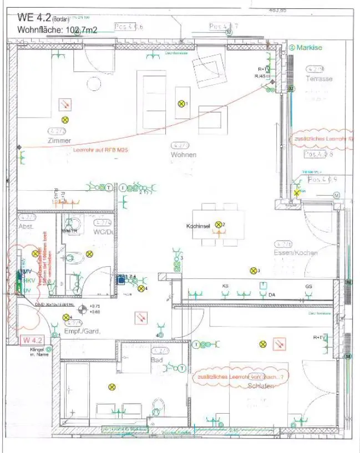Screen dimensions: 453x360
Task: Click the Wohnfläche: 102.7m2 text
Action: click(57, 30)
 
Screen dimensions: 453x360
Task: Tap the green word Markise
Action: click(309, 48)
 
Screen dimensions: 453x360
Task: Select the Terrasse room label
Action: click(319, 79)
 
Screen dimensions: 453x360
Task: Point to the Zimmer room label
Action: click(59, 141)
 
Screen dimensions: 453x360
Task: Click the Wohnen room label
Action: click(184, 155)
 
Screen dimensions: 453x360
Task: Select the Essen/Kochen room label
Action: click(296, 253)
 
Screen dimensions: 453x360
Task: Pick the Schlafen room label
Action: click(261, 385)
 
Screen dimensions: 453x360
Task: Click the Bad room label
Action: click(156, 360)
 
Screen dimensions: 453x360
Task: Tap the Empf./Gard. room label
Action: click(83, 331)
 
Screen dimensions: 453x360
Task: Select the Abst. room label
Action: click(26, 227)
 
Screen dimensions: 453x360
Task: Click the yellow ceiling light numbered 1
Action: click(181, 104)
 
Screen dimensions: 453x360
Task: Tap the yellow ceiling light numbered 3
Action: click(252, 271)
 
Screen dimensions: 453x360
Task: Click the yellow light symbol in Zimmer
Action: click(65, 119)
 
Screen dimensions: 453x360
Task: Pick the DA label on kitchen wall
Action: click(272, 295)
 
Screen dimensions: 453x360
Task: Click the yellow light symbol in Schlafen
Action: click(262, 344)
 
